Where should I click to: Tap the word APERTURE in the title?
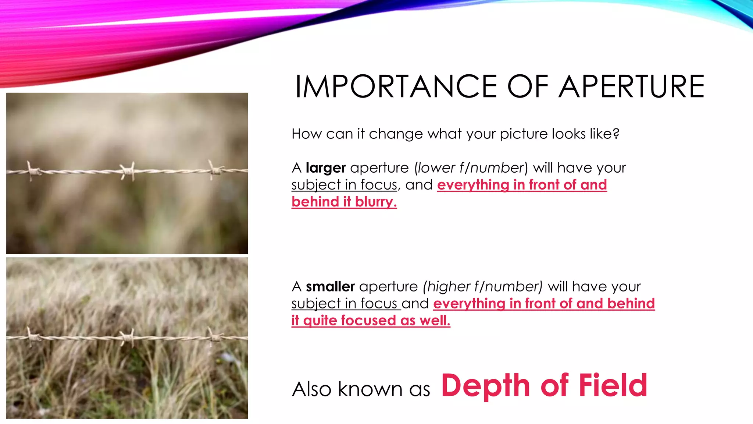(x=631, y=87)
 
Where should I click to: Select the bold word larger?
(x=325, y=168)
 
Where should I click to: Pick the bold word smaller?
(x=330, y=287)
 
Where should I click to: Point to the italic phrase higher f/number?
(x=482, y=287)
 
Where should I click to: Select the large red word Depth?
(x=485, y=385)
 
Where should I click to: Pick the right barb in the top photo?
(x=215, y=170)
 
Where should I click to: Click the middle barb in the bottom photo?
(x=127, y=336)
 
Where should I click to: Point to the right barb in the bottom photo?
(x=215, y=336)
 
